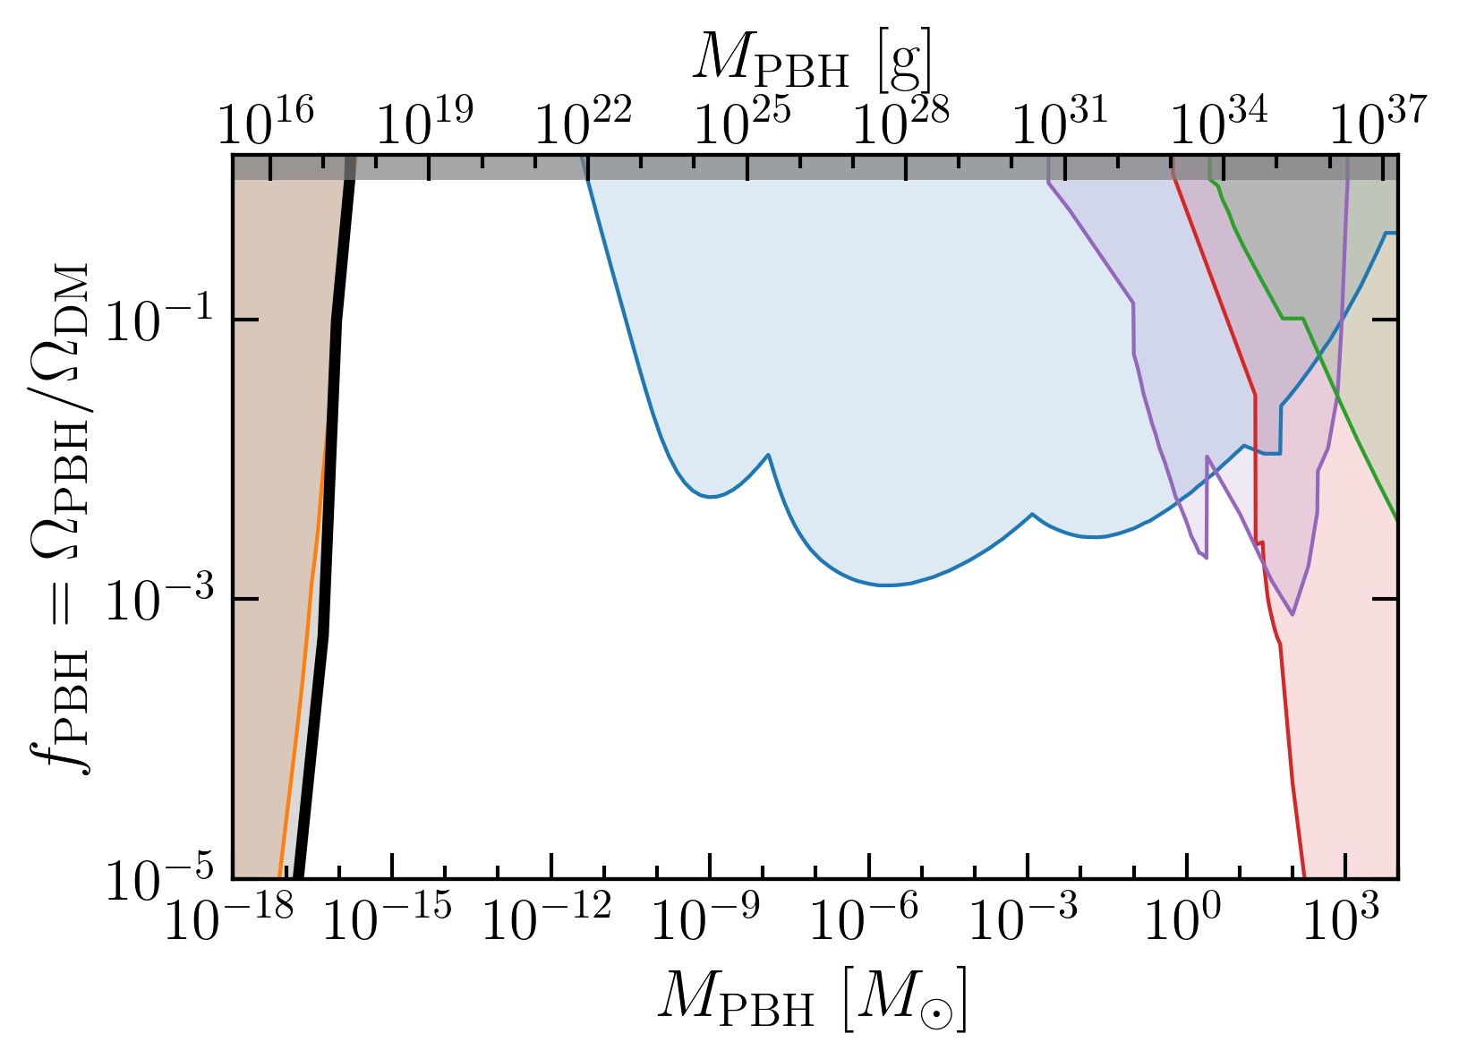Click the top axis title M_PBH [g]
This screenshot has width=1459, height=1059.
[813, 60]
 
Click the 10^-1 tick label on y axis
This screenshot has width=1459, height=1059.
[159, 320]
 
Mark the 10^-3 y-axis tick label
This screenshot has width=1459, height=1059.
[159, 598]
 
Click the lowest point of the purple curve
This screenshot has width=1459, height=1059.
[1293, 614]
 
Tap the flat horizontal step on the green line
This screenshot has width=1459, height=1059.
[1293, 319]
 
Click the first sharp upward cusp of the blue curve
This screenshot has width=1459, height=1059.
[769, 455]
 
